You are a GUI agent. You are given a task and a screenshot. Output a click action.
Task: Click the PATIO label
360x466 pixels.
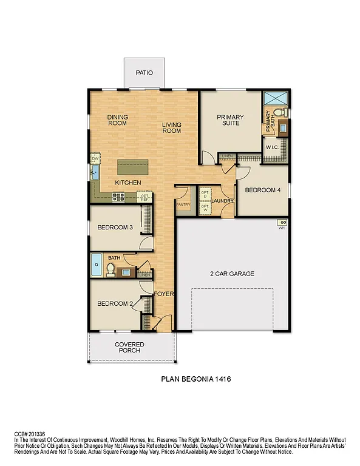pos(144,73)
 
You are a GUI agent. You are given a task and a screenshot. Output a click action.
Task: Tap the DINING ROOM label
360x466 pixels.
pos(117,120)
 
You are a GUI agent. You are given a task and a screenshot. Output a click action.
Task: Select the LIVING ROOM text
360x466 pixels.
pos(171,128)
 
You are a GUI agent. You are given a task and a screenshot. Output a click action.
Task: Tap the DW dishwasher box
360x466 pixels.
pos(95,158)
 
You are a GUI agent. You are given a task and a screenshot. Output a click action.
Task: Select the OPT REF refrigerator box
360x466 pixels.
pos(144,197)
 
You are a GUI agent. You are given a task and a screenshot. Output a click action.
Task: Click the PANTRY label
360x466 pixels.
pos(183,204)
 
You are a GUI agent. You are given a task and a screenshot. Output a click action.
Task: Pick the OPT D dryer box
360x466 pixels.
pos(205,195)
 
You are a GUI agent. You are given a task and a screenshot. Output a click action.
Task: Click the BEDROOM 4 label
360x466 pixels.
pos(263,190)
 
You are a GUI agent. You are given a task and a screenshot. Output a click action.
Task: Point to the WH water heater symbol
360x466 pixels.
pos(282,223)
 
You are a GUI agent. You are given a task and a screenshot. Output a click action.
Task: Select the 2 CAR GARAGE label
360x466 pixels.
pos(232,274)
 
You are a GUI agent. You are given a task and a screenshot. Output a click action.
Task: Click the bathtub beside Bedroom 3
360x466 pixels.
pos(97,265)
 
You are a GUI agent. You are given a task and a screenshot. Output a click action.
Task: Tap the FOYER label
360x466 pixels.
pos(163,294)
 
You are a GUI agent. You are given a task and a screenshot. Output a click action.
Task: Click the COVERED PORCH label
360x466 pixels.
pos(130,347)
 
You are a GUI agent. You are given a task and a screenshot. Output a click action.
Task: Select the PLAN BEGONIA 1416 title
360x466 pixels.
pos(196,379)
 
